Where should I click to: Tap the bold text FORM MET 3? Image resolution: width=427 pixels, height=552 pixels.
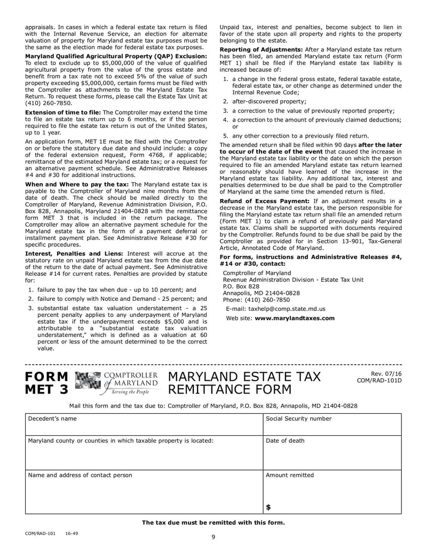pos(48,383)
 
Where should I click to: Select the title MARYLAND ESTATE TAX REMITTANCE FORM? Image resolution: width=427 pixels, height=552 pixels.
pos(244,383)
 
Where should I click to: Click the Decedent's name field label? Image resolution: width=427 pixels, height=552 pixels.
pos(52,419)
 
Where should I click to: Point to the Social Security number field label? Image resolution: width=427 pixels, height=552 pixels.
pos(298,419)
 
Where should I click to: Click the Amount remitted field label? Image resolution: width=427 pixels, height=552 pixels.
pos(290,475)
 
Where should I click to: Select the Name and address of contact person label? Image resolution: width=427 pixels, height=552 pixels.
pos(80,475)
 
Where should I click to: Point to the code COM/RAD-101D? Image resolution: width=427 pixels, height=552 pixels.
pos(379,380)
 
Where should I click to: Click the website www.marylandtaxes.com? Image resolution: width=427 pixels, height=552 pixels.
pos(295,318)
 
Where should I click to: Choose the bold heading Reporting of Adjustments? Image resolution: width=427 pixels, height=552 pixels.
pos(262,50)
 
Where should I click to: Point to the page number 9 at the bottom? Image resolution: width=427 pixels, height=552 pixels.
pos(213,537)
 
